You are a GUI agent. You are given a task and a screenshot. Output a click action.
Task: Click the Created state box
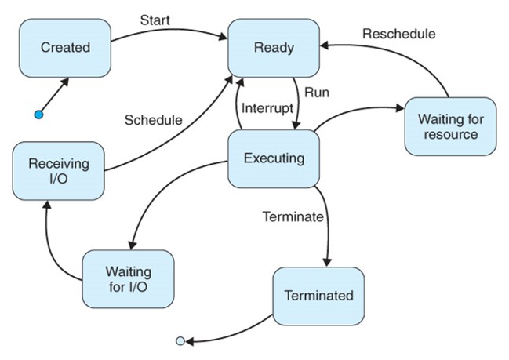pos(65,48)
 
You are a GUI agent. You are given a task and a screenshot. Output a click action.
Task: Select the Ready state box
pos(274,48)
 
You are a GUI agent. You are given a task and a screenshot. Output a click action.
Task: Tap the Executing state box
pos(274,158)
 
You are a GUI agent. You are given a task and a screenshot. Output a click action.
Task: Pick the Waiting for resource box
pos(450,126)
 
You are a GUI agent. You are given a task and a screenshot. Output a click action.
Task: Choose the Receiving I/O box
pos(59,171)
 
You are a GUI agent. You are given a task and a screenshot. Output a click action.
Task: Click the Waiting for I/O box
pos(128,279)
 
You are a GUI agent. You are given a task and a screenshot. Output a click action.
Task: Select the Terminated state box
pos(318,296)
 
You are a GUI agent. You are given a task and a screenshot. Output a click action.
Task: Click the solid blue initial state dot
pos(38,115)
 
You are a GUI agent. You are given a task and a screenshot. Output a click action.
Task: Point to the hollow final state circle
pos(180,341)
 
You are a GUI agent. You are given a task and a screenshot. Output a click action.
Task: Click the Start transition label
pos(155,20)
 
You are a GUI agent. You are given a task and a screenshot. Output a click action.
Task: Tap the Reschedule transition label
pos(399,34)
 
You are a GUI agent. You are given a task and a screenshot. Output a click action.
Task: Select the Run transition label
pos(317,93)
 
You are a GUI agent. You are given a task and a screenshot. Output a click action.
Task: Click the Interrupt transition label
pos(267,108)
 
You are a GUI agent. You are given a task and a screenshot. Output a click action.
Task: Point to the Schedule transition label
pos(153,120)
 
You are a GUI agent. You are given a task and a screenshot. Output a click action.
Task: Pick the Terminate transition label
pos(293,216)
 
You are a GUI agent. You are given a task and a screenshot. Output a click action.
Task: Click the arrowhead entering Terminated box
pos(327,262)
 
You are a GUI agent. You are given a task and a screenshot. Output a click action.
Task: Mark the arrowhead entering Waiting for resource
pos(400,108)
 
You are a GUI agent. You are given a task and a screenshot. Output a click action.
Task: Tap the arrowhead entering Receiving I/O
pos(47,205)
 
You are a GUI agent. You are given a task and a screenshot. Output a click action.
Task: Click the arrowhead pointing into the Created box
pos(65,81)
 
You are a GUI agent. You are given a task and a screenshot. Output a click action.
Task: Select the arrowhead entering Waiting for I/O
pos(132,245)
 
